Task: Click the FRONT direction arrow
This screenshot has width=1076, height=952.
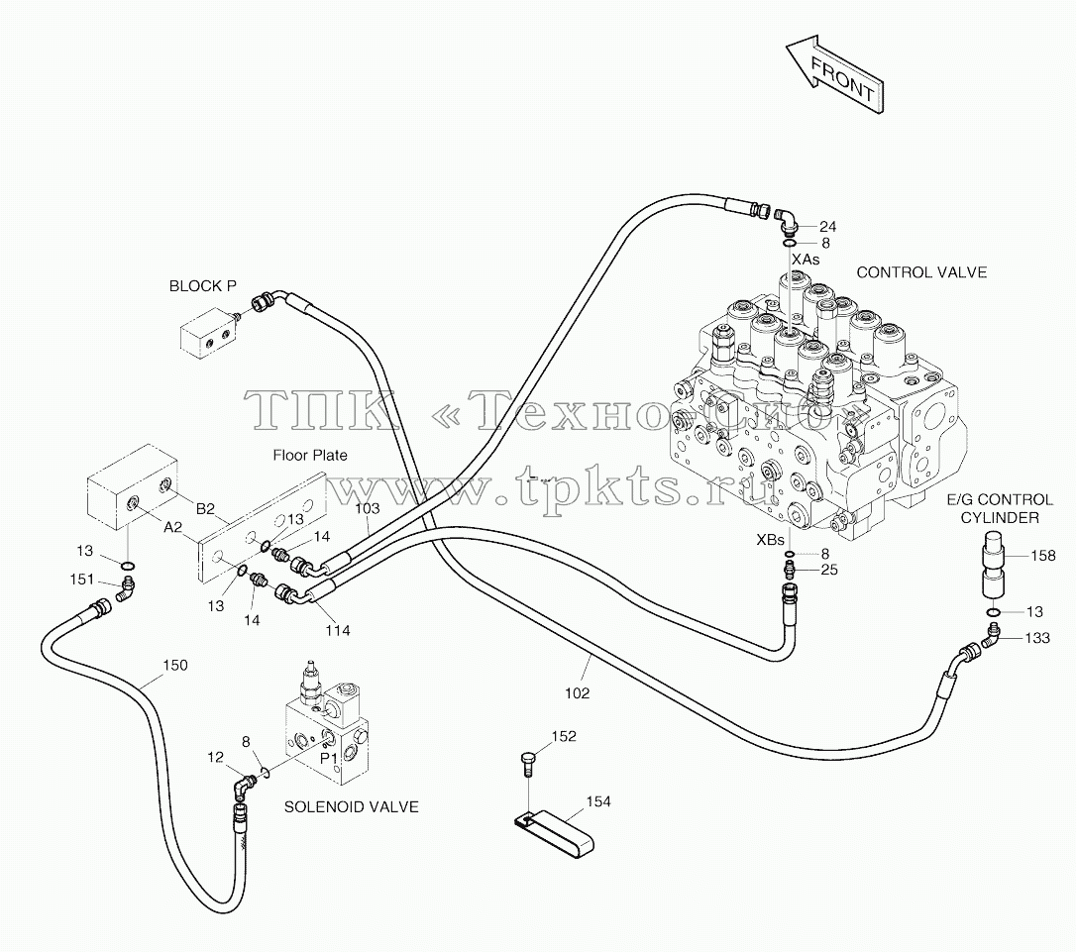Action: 835,74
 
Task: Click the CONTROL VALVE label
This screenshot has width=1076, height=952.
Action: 921,272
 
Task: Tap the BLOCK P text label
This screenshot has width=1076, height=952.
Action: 203,286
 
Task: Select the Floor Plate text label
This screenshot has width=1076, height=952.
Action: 310,456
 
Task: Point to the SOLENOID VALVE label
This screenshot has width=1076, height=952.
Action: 352,806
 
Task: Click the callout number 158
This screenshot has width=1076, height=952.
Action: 1043,556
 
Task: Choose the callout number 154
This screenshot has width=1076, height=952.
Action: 598,801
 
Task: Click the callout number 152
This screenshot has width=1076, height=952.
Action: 564,736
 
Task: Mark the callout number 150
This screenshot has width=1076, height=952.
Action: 175,665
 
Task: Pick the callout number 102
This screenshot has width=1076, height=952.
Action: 577,693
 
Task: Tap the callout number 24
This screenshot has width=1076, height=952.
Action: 827,226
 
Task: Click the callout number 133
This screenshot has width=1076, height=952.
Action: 1037,638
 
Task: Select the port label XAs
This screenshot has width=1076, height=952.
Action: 806,260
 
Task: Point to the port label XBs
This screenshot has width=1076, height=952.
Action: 770,540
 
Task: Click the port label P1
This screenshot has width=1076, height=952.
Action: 329,759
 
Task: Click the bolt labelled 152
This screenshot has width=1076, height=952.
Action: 527,764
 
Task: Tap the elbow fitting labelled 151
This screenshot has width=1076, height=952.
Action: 126,588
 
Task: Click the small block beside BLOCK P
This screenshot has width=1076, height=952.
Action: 209,335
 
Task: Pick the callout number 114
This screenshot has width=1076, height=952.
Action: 338,630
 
